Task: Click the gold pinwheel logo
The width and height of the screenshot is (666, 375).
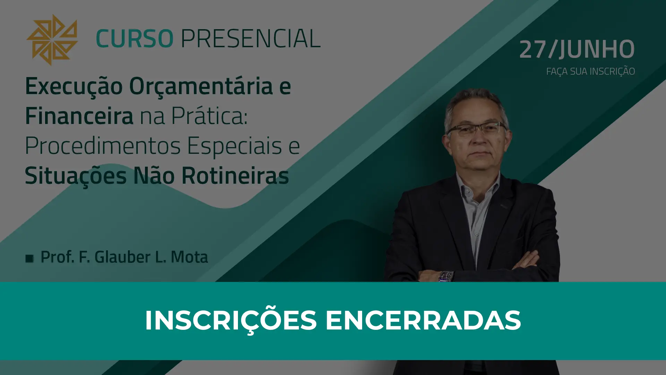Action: click(x=52, y=40)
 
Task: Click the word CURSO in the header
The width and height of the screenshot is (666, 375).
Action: click(x=135, y=38)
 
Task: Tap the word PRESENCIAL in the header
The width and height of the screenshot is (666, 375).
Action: click(x=250, y=38)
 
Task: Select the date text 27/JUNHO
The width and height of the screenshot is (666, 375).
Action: click(x=577, y=49)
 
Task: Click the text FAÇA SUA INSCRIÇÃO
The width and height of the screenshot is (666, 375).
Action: click(x=590, y=71)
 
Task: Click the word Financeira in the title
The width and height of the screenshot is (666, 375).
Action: click(x=79, y=116)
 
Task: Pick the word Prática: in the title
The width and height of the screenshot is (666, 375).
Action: click(x=210, y=116)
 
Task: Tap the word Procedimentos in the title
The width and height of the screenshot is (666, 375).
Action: click(x=103, y=145)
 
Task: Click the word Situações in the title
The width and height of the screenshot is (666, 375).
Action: click(x=76, y=176)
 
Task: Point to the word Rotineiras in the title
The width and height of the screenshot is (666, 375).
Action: click(x=235, y=175)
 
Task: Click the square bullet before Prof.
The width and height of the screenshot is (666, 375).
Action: click(x=29, y=258)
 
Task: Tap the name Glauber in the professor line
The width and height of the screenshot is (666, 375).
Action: click(x=122, y=257)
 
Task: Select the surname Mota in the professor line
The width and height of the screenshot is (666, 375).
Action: click(x=189, y=257)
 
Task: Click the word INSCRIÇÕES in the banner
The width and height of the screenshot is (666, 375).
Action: click(x=231, y=320)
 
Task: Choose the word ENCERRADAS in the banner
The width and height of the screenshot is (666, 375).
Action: click(x=423, y=320)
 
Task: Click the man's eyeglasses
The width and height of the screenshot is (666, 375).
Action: click(x=476, y=130)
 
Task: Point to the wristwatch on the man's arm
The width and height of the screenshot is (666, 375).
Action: click(x=446, y=276)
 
